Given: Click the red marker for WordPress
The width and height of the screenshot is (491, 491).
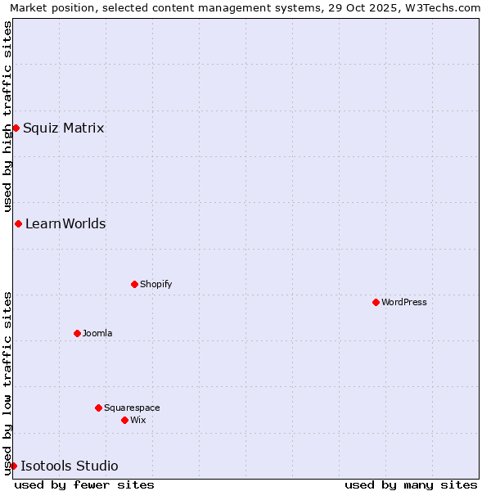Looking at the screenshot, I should point(376,302).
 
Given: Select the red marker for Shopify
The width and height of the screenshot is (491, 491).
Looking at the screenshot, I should point(134,284).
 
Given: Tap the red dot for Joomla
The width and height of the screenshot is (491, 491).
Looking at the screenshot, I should point(77,333).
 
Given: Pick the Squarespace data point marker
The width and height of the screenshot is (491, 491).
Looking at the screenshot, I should point(98,408).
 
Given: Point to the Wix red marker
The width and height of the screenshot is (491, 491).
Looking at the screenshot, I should point(124,420).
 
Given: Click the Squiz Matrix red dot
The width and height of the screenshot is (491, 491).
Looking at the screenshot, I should point(16,128).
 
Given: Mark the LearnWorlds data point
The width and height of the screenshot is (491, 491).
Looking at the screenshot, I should point(18,223).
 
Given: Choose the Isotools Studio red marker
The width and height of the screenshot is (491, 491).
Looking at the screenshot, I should point(13,466).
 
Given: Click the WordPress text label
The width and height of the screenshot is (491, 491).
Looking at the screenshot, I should point(404,302).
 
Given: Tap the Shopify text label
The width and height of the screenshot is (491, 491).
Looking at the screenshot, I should point(155,284).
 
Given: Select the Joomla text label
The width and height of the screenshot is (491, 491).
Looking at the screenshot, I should point(97,333).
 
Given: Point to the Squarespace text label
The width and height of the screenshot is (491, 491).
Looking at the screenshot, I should point(132,408).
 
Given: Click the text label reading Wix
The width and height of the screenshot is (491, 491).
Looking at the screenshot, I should point(138,420).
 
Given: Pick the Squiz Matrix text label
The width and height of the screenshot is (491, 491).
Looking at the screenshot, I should point(64,128).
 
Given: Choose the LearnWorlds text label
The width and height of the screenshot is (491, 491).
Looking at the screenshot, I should point(65,223).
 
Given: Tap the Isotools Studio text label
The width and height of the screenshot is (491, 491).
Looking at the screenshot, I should point(70,466).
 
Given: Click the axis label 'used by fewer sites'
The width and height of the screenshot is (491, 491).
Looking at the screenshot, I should point(84,484).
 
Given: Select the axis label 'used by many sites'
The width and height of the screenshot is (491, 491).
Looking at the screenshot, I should point(411,484).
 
